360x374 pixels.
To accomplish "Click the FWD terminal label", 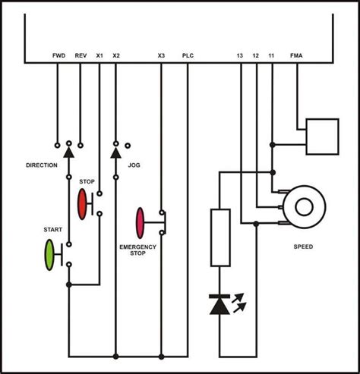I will click(58, 55).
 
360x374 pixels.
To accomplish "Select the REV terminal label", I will click(81, 55).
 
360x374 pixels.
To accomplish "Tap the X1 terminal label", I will click(99, 55).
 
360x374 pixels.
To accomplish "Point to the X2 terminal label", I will click(115, 55).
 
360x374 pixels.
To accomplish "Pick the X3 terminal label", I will click(161, 55).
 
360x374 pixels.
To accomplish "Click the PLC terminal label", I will click(188, 55).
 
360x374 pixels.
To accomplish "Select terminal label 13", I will click(240, 55).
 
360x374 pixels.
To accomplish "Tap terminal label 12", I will click(256, 55).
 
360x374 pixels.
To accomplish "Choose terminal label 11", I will click(272, 55).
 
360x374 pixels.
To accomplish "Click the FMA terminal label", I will click(296, 55).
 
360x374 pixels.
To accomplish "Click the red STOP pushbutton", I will click(83, 203).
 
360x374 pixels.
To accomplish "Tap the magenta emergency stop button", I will click(140, 222).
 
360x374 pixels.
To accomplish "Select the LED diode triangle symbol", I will click(219, 305).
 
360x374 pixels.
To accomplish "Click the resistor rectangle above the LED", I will click(219, 236).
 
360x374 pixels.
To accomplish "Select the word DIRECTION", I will click(42, 165).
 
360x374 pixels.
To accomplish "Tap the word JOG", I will click(134, 165).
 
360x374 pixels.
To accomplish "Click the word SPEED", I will click(304, 247).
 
